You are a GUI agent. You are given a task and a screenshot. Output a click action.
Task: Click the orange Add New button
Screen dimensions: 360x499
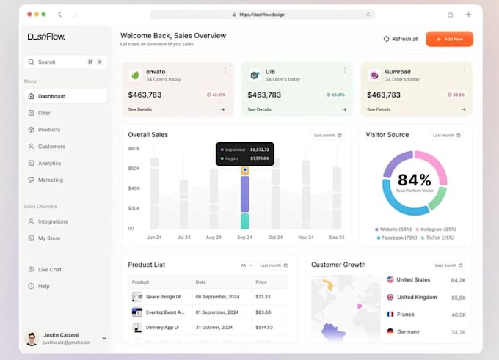(449, 39)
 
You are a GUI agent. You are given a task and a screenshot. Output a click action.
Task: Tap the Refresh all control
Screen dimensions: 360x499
(401, 39)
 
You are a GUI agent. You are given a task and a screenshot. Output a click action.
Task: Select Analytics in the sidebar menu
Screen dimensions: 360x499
(49, 163)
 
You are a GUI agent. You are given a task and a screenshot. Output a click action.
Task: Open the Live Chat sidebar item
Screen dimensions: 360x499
(49, 269)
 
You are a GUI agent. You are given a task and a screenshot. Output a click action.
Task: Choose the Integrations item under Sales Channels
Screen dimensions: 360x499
(52, 221)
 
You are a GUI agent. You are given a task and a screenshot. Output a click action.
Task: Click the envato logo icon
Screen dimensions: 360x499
(135, 75)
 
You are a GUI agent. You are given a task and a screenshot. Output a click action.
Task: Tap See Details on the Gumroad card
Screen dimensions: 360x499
(379, 109)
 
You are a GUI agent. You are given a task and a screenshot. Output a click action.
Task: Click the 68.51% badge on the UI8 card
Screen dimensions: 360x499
(335, 95)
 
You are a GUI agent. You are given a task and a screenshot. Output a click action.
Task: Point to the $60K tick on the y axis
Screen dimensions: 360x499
(134, 148)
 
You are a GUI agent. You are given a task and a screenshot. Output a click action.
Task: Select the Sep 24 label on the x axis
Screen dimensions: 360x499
(244, 238)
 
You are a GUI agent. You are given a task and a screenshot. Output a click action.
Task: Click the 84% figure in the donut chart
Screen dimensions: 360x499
(414, 180)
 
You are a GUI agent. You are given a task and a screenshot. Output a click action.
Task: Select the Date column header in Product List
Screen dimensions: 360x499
(201, 282)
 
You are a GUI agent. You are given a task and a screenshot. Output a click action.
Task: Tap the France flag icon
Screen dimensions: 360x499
(390, 314)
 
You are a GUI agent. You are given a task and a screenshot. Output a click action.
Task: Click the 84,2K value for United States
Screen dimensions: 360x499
(458, 280)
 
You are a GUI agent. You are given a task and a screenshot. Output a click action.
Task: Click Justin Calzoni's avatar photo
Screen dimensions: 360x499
(32, 338)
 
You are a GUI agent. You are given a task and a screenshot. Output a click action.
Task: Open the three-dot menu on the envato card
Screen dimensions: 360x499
(225, 70)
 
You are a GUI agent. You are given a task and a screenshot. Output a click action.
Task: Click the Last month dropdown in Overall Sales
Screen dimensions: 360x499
(327, 135)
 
